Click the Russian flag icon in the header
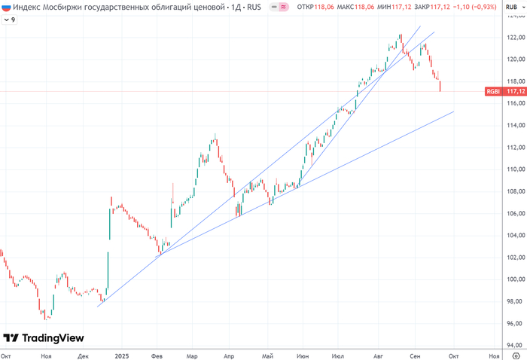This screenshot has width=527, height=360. pos(6,7)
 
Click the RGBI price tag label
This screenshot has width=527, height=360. pos(493,92)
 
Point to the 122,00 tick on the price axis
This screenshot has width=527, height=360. pos(514,37)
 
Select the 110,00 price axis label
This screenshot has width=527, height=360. pos(514,169)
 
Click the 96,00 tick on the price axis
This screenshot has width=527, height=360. pos(514,324)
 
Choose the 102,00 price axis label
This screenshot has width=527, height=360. pos(514,258)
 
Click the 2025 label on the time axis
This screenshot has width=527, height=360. pos(121,354)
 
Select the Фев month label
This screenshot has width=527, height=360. pos(157,354)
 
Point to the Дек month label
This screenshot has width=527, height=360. pos(84,354)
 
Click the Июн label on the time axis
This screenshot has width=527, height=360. pos(303,354)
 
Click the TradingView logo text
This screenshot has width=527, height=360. pos(53,338)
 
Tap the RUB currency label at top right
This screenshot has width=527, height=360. pos(511,7)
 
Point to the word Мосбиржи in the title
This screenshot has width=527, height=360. pos(55,7)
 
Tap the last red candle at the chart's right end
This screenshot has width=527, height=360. pos(440,87)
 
